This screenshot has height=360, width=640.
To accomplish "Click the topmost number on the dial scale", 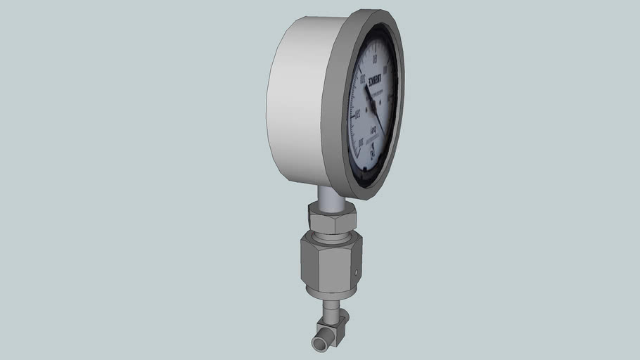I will [x=375, y=58].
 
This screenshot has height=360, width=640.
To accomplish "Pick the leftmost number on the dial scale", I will [x=357, y=115].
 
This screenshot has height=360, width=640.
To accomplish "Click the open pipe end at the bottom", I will [x=319, y=344].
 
